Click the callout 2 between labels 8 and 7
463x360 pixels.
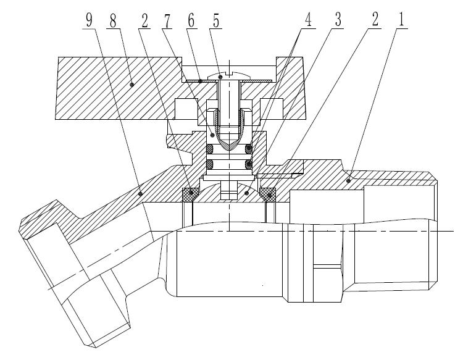click(x=144, y=20)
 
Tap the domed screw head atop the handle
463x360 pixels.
click(x=230, y=75)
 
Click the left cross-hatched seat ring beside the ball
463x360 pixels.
click(x=190, y=195)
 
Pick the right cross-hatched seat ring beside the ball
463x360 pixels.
click(x=268, y=195)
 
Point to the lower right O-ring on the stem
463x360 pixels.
click(x=249, y=164)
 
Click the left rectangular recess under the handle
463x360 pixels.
click(x=187, y=109)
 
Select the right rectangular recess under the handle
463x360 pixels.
click(x=272, y=109)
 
